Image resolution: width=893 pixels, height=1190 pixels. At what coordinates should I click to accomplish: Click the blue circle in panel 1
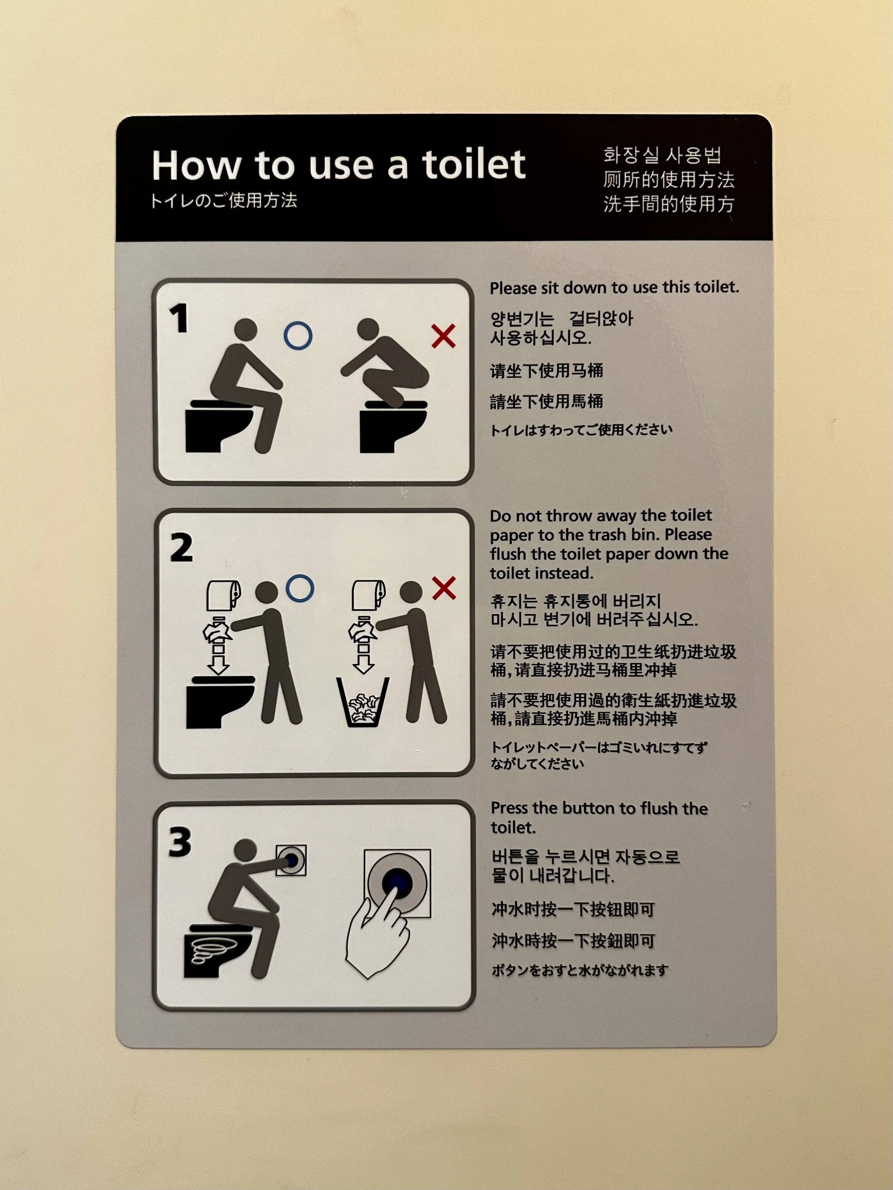tap(298, 336)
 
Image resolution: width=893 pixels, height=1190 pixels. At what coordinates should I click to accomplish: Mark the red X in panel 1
tap(444, 336)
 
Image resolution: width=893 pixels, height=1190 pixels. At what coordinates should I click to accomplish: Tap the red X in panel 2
tap(444, 588)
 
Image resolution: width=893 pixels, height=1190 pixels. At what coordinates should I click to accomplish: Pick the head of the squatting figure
tap(368, 329)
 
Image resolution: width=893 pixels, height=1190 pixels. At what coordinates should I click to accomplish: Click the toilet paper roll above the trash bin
tap(369, 595)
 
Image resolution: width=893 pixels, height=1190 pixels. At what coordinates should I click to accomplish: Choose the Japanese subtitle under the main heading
tap(224, 201)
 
